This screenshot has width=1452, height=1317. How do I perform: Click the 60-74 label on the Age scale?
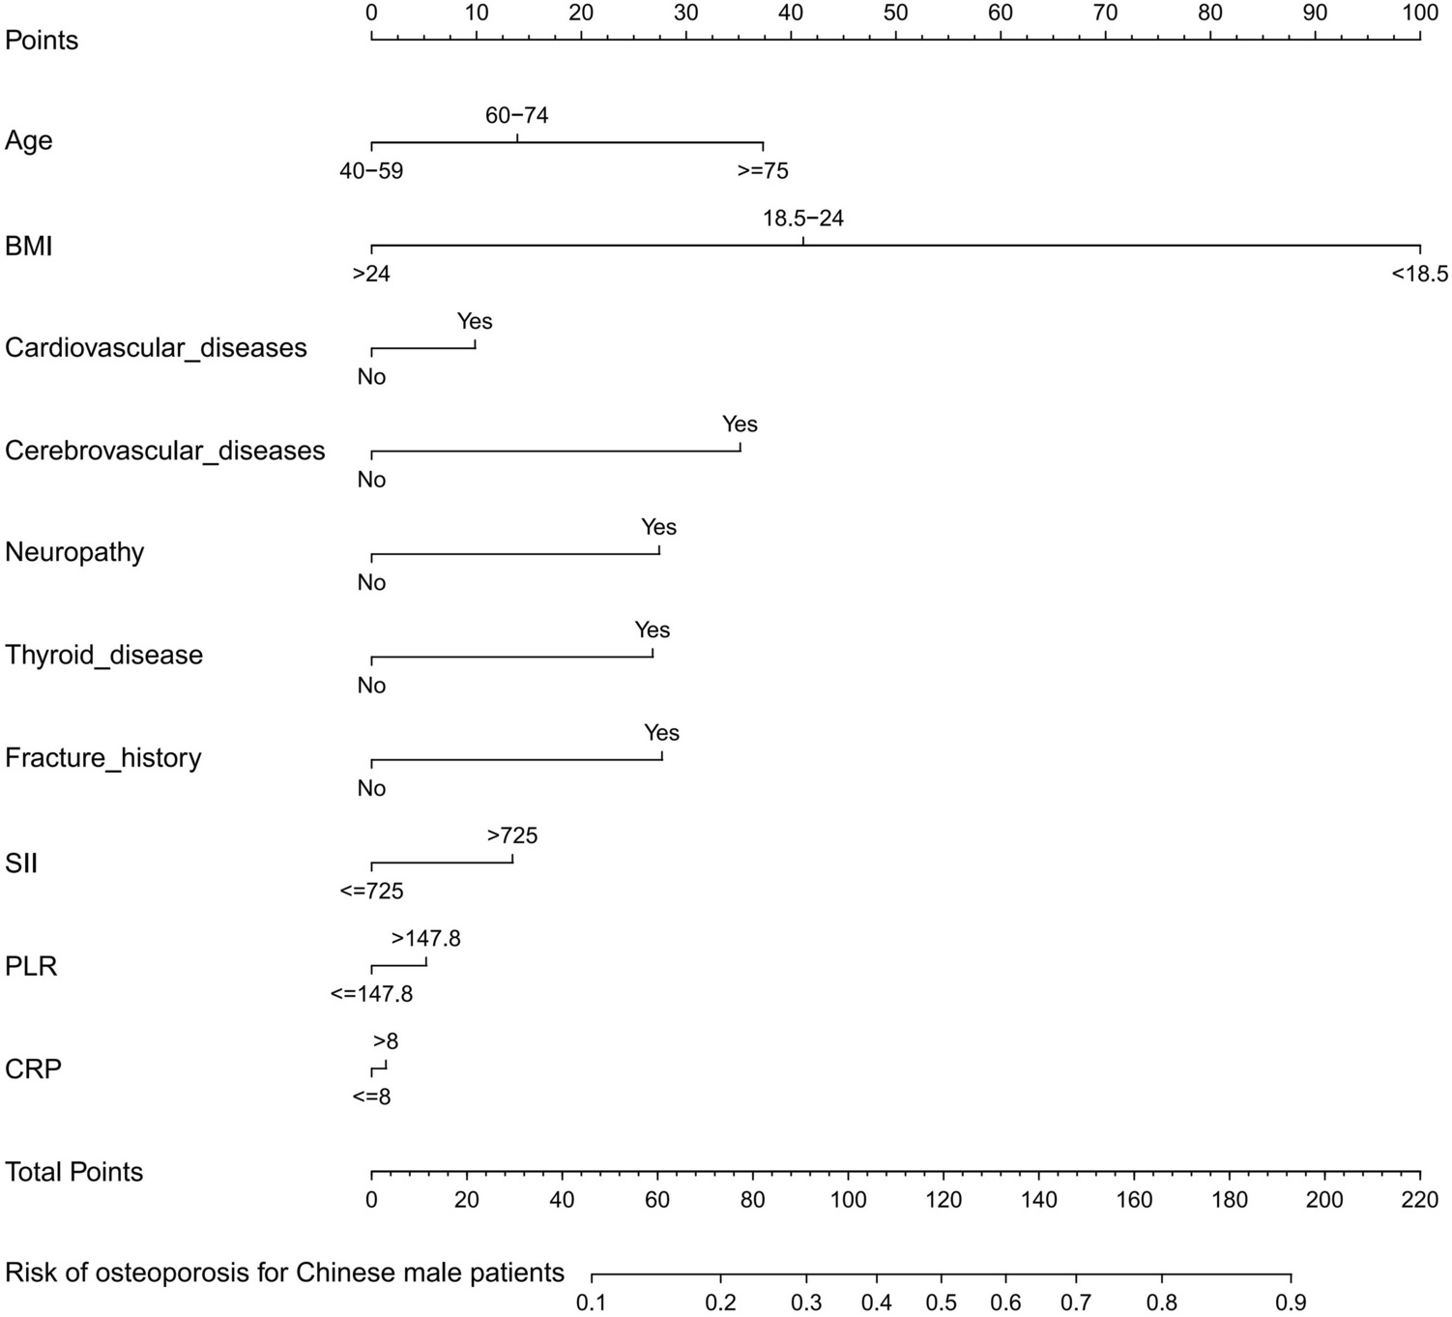pyautogui.click(x=516, y=116)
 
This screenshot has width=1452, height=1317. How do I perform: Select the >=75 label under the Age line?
pyautogui.click(x=763, y=171)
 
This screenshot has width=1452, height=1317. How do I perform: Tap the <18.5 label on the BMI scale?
pyautogui.click(x=1419, y=275)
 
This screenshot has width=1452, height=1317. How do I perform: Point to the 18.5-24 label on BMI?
pyautogui.click(x=803, y=219)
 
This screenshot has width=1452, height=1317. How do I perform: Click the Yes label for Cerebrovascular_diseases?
pyautogui.click(x=740, y=424)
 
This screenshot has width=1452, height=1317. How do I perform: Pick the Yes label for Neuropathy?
pyautogui.click(x=658, y=527)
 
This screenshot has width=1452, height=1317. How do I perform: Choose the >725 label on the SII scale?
pyautogui.click(x=512, y=835)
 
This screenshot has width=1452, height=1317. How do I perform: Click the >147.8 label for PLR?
pyautogui.click(x=425, y=939)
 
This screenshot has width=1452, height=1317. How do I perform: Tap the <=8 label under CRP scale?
pyautogui.click(x=371, y=1097)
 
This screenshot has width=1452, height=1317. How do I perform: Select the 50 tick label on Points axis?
pyautogui.click(x=895, y=13)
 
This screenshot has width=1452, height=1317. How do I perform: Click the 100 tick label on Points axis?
pyautogui.click(x=1419, y=13)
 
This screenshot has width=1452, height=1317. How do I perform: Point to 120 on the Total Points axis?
pyautogui.click(x=944, y=1201)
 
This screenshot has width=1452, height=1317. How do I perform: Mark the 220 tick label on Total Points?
pyautogui.click(x=1419, y=1201)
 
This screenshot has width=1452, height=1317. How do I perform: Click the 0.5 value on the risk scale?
pyautogui.click(x=941, y=1303)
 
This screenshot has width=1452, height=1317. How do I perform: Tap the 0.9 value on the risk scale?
pyautogui.click(x=1291, y=1303)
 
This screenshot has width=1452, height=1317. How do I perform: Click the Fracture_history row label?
pyautogui.click(x=103, y=757)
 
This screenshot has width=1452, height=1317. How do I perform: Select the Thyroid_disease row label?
pyautogui.click(x=104, y=655)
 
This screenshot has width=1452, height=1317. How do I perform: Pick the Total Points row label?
pyautogui.click(x=74, y=1172)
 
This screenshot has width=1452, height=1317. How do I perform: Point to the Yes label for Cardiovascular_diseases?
pyautogui.click(x=475, y=322)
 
